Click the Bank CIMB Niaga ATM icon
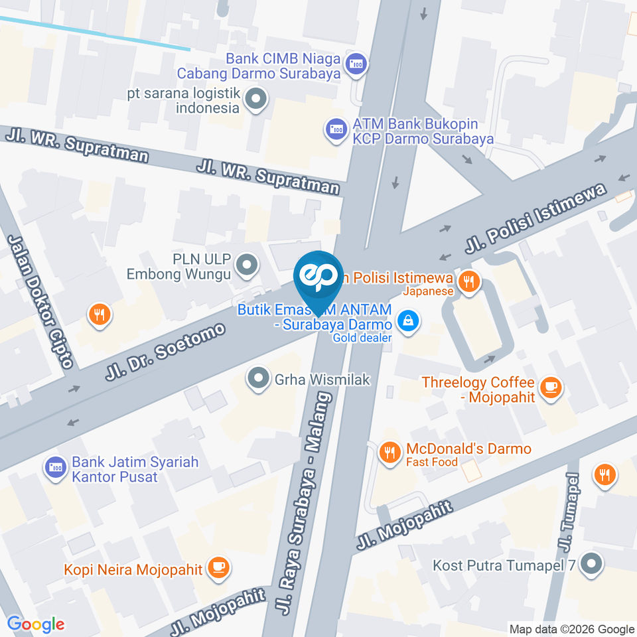(357, 64)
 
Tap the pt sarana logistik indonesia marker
(255, 100)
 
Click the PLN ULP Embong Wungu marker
(247, 266)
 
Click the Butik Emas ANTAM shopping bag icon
(407, 321)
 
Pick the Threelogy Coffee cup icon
(549, 389)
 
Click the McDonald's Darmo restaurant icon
(389, 454)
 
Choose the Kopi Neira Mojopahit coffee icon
(217, 568)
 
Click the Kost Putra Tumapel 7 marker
(589, 565)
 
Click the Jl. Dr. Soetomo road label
(166, 352)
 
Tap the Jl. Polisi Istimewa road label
(538, 222)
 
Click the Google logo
(36, 624)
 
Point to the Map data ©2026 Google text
(571, 629)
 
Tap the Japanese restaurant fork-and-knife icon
(470, 281)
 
